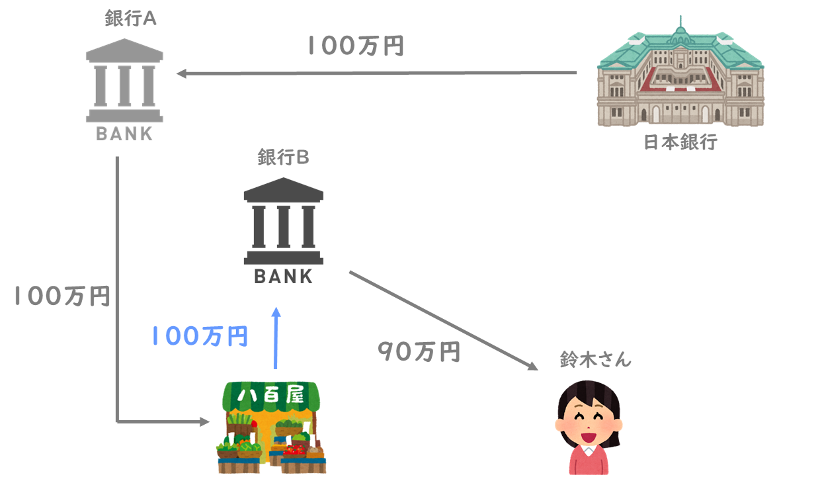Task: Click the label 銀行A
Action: (x=130, y=18)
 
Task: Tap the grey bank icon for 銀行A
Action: (x=124, y=80)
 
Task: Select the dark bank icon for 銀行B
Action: (x=283, y=221)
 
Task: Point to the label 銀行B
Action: (x=283, y=157)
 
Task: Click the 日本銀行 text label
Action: (x=680, y=142)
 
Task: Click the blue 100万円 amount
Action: (x=200, y=336)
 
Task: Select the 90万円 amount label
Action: (x=419, y=351)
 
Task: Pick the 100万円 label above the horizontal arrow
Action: (x=356, y=46)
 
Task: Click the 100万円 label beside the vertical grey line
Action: (x=62, y=296)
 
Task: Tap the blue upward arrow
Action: (x=276, y=338)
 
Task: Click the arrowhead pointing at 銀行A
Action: (x=181, y=73)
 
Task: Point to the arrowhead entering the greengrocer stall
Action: (x=204, y=421)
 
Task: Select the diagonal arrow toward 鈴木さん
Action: (x=444, y=321)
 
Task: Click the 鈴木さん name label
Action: (x=596, y=359)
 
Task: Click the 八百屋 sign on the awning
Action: (x=271, y=395)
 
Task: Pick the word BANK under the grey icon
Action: (x=124, y=134)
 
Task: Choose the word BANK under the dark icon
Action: (x=283, y=277)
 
